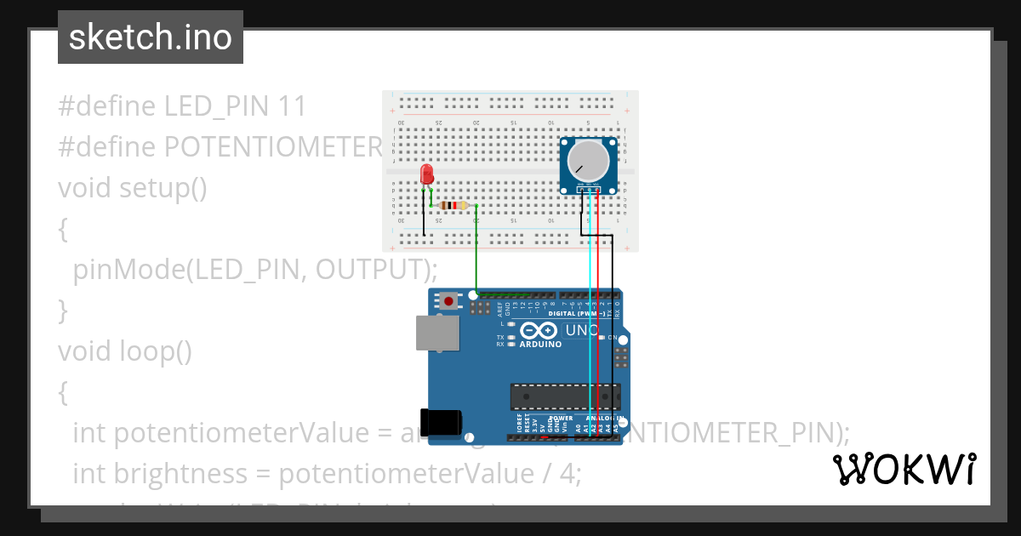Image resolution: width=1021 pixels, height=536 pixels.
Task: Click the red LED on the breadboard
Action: pyautogui.click(x=427, y=174)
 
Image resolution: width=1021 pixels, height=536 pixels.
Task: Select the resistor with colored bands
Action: pyautogui.click(x=454, y=205)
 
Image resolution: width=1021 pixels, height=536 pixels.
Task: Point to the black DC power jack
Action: pyautogui.click(x=443, y=423)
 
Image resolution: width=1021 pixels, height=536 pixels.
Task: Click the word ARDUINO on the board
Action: pyautogui.click(x=540, y=345)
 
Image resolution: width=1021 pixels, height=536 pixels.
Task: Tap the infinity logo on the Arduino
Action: pyautogui.click(x=540, y=330)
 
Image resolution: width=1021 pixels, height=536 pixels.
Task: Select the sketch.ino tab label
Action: pyautogui.click(x=151, y=37)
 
